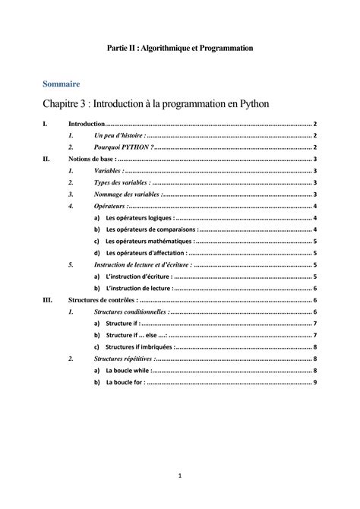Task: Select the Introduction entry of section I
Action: [x=87, y=123]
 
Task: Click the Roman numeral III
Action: [x=48, y=300]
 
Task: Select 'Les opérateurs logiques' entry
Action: [x=140, y=218]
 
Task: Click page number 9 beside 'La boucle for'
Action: [x=314, y=383]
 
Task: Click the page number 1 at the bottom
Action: [x=180, y=476]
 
